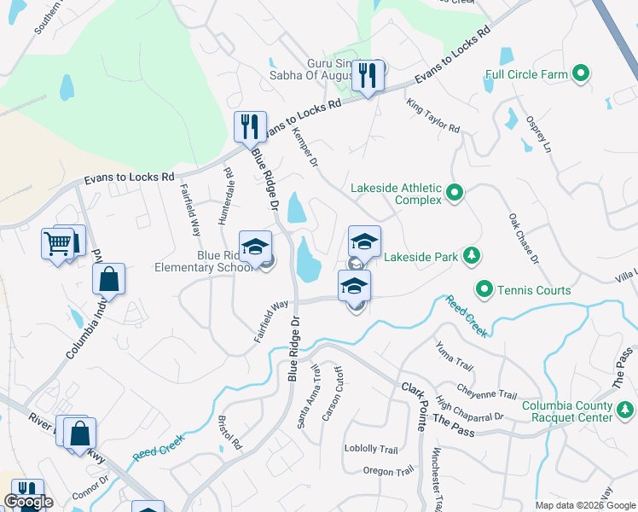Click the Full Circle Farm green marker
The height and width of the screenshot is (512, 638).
pos(583,74)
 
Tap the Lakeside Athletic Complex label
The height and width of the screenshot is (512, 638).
pos(397,195)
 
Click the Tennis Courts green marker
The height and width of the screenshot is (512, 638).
pos(484,290)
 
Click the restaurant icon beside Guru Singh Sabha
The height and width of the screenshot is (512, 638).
pos(368,76)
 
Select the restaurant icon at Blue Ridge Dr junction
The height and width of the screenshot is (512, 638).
pos(250,127)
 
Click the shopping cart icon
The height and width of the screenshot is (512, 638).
pos(58,243)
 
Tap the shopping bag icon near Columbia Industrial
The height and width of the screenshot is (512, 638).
pos(109,278)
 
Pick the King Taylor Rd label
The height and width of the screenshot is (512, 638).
pos(433,116)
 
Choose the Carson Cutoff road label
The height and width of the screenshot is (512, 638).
pos(333,393)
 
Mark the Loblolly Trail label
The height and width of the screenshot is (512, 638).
pos(371,449)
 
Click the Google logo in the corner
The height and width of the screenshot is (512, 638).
pos(28,502)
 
